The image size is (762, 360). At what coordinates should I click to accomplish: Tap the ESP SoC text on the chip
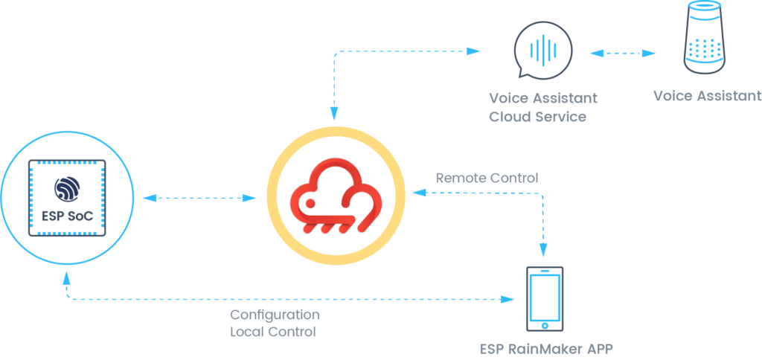[67, 216]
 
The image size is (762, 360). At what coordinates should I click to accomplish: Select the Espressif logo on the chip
[67, 190]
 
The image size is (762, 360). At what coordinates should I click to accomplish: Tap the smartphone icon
[544, 299]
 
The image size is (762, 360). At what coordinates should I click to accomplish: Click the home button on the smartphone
[545, 325]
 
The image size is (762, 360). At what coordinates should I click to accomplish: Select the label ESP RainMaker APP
[546, 349]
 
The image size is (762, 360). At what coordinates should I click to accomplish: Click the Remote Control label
[487, 178]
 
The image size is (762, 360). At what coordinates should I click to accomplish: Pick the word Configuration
[275, 315]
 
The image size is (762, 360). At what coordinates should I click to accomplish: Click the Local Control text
[273, 332]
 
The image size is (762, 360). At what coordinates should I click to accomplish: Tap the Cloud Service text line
[537, 117]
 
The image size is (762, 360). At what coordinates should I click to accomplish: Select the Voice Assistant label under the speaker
[707, 96]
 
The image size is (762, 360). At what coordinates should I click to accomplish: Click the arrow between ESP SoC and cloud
[199, 198]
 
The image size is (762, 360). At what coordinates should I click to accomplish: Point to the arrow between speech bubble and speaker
[623, 53]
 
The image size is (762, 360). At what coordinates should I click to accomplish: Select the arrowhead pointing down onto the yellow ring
[334, 113]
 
